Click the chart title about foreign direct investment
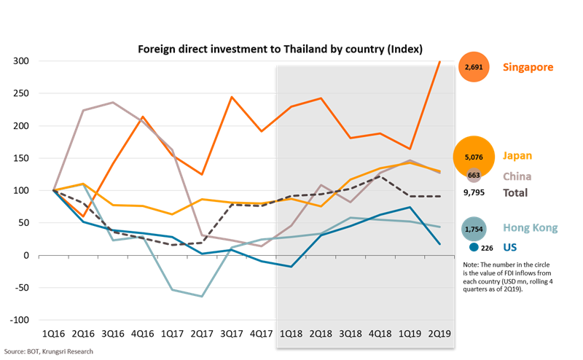click(281, 49)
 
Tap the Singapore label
click(528, 67)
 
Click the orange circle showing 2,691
click(472, 67)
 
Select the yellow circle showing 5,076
click(474, 156)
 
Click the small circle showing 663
click(474, 176)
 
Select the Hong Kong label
click(530, 227)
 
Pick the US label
click(511, 247)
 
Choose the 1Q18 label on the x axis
click(291, 333)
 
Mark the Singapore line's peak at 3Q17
click(231, 96)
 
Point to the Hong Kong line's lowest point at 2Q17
click(201, 297)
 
